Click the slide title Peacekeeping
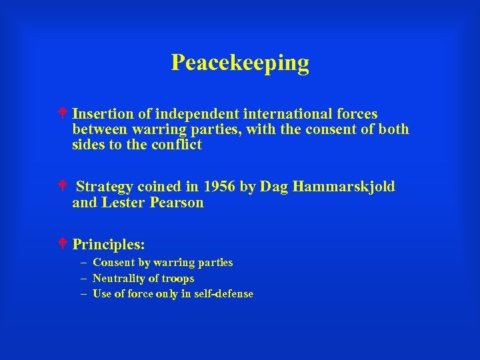[240, 63]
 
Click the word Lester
[121, 203]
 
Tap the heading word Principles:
[109, 244]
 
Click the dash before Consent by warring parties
[83, 263]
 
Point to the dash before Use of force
[83, 294]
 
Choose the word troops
[178, 279]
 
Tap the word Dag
[272, 187]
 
